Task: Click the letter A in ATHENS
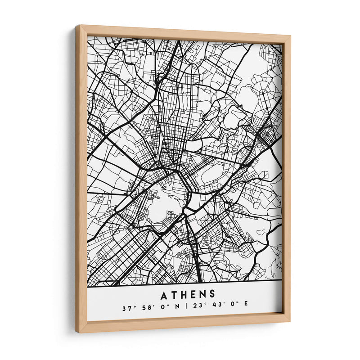click(x=163, y=295)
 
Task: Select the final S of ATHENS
click(x=212, y=295)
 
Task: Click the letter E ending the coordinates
click(x=246, y=309)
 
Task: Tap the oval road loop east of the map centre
click(x=213, y=173)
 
